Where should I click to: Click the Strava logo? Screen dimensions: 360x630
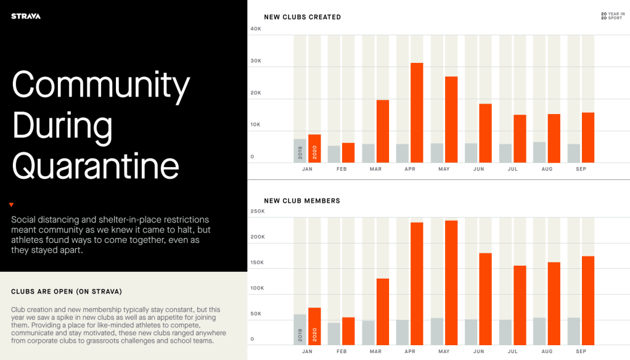point(26,16)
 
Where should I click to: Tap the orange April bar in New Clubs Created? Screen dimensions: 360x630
point(417,113)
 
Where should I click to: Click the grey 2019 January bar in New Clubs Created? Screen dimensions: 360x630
point(300,150)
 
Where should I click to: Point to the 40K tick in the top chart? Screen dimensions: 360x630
point(256,29)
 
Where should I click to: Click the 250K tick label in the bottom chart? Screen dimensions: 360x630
point(257,211)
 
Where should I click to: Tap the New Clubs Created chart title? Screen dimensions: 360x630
point(302,17)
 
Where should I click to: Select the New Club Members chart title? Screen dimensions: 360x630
point(302,200)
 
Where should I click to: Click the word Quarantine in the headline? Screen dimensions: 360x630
point(96,165)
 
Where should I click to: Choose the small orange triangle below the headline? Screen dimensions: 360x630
point(11,205)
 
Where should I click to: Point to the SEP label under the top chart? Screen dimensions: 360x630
point(581,169)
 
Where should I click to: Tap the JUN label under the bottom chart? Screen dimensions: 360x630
point(478,351)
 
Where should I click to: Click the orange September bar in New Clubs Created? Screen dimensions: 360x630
point(588,137)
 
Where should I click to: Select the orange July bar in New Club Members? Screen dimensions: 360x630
point(520,305)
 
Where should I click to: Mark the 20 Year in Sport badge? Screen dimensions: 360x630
point(613,16)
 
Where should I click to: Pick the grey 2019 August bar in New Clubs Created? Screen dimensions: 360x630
point(539,152)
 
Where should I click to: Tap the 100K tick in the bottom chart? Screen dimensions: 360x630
point(257,288)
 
